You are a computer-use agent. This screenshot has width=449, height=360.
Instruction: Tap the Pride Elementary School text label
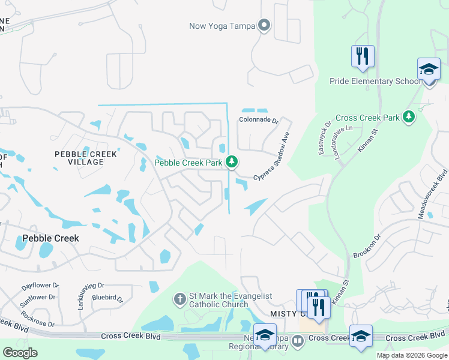[375, 81]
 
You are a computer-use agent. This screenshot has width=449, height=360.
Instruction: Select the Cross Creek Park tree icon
[409, 116]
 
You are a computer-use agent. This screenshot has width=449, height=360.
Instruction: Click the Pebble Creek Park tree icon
[232, 162]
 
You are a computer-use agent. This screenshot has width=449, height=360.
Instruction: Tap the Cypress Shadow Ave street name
[272, 156]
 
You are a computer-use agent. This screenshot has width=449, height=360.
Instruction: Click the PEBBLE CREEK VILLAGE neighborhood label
[86, 158]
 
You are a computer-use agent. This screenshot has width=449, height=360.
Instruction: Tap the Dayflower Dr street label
[40, 286]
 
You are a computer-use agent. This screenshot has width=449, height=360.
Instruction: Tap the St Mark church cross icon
[179, 299]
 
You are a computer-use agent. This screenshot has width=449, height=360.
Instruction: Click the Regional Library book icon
[298, 341]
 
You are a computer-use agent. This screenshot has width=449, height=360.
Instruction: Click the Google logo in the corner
[20, 353]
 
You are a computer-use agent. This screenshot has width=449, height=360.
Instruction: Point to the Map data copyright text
[412, 355]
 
